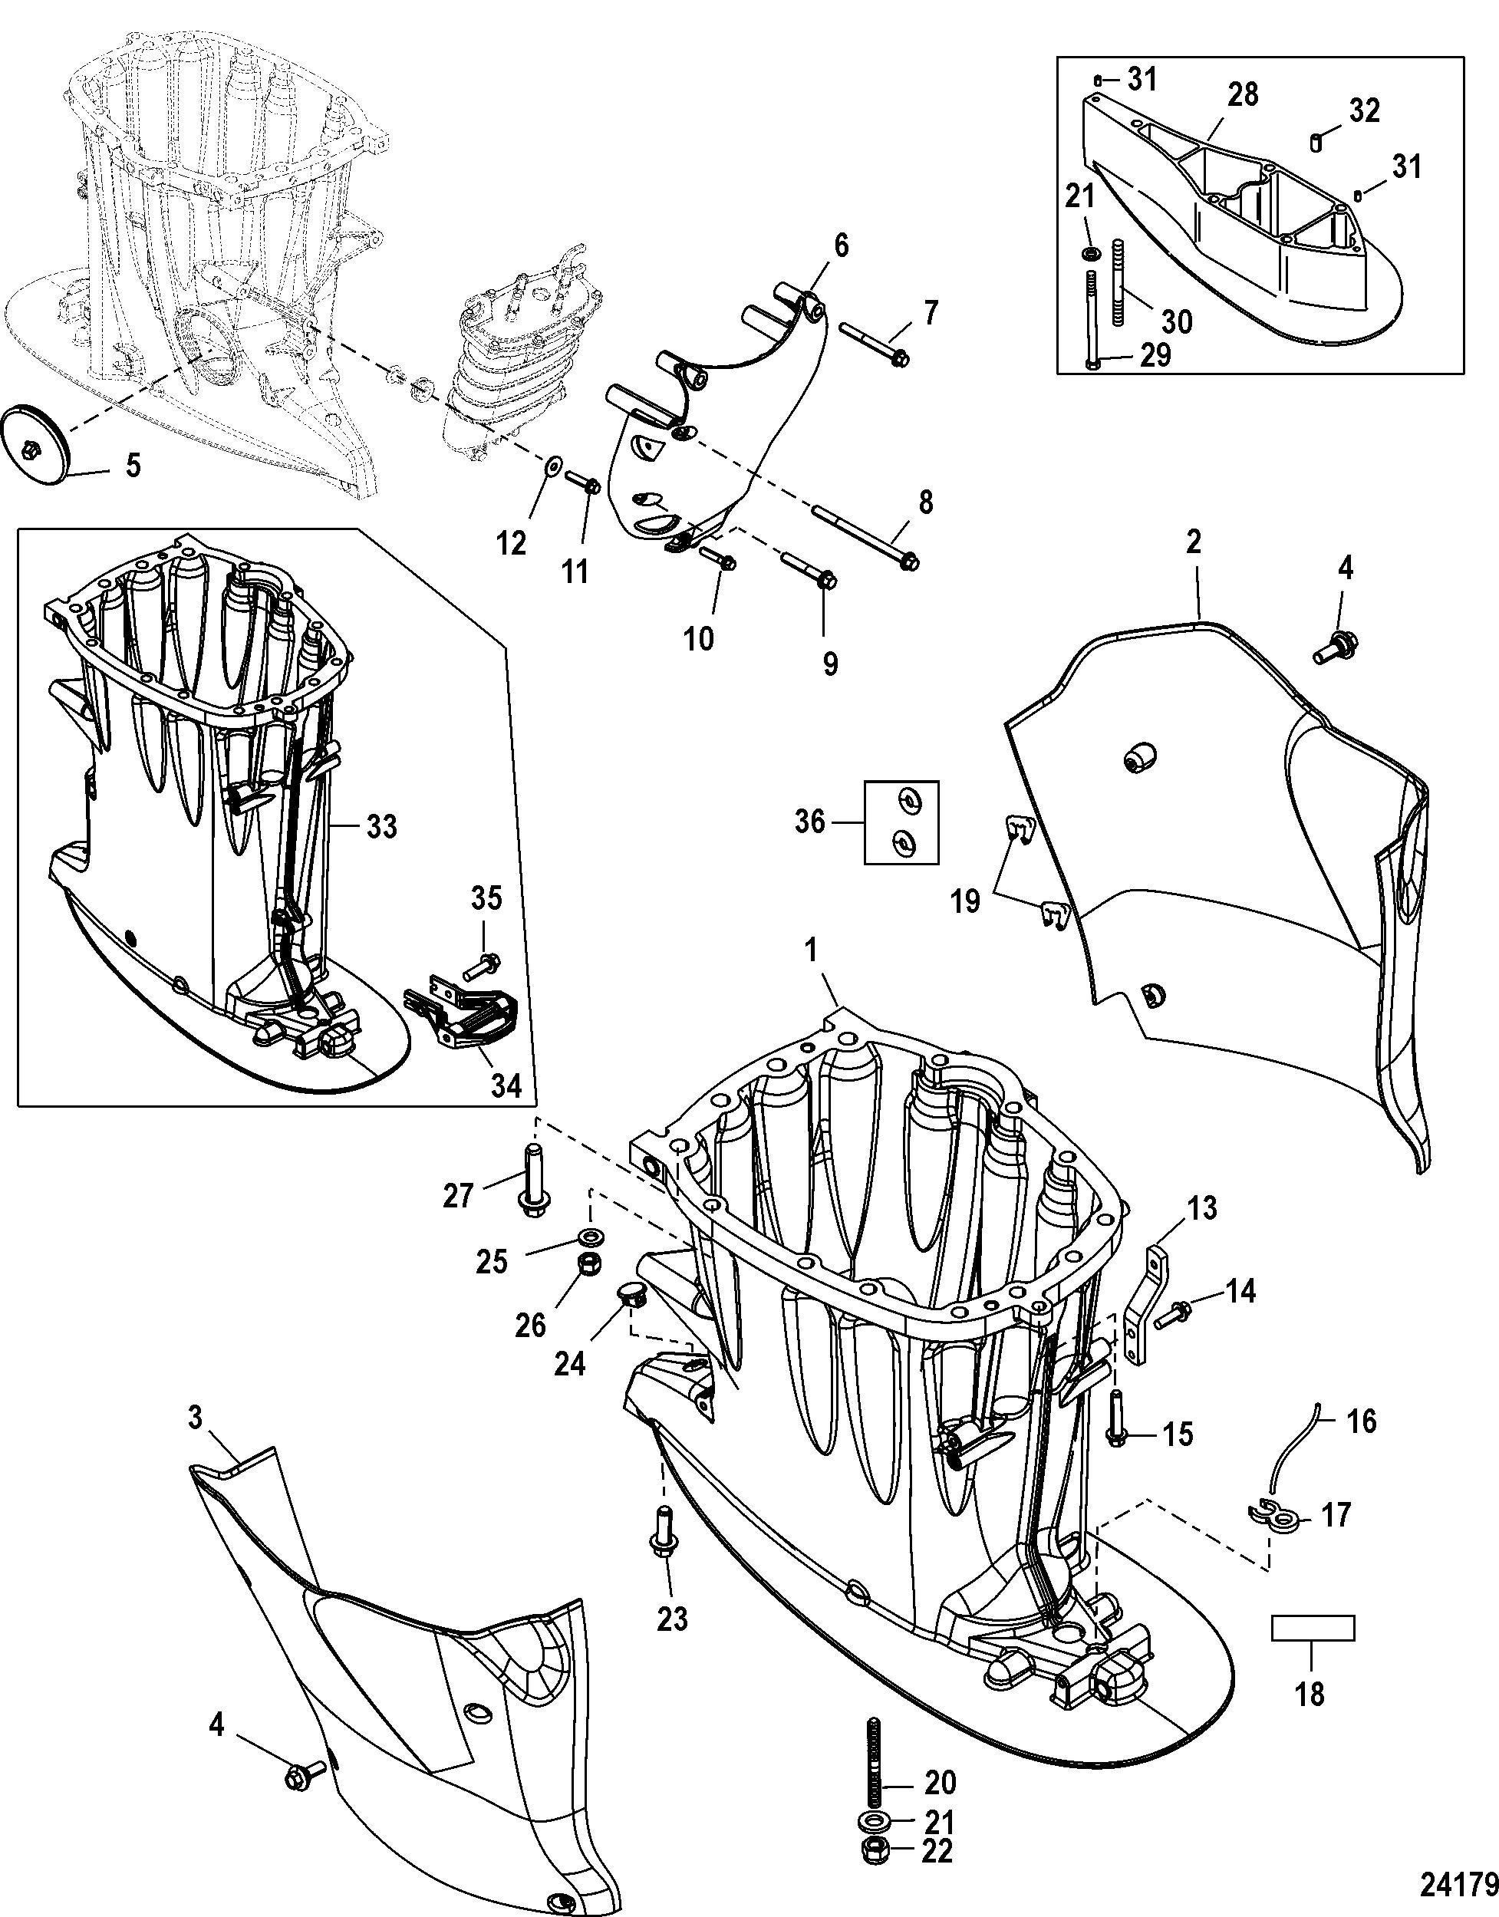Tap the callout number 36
pos(809,822)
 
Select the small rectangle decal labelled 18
pos(1312,1627)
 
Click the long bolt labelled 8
pos(865,535)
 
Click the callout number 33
pos(382,826)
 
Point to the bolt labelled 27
pos(532,1181)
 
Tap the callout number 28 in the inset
pos(1243,94)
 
